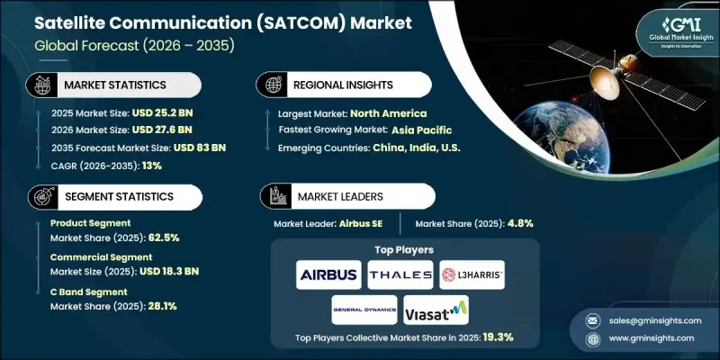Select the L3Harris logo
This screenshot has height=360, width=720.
pos(472,274)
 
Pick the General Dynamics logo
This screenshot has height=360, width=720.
pos(363,309)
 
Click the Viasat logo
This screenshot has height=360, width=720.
pos(436,309)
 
